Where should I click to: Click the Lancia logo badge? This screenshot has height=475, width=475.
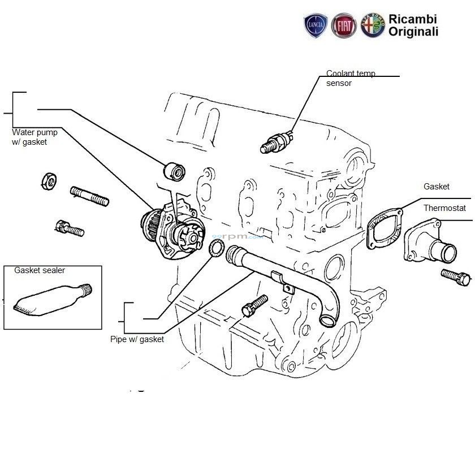click(x=316, y=26)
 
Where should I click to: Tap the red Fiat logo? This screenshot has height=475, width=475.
click(x=344, y=26)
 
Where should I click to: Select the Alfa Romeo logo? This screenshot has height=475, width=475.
click(x=373, y=26)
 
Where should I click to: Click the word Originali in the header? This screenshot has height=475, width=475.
click(x=413, y=32)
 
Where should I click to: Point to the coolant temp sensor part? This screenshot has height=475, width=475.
click(x=277, y=142)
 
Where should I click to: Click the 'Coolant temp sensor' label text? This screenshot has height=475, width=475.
click(x=350, y=78)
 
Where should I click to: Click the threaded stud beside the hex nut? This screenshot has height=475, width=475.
click(x=89, y=195)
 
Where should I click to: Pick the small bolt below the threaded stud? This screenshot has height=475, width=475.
click(x=70, y=228)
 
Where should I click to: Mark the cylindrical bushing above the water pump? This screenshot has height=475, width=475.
click(x=174, y=170)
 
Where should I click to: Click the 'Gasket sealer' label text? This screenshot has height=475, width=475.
click(x=40, y=271)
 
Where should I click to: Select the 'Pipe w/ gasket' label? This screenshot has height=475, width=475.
click(x=137, y=339)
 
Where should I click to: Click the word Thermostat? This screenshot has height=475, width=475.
click(x=444, y=208)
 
